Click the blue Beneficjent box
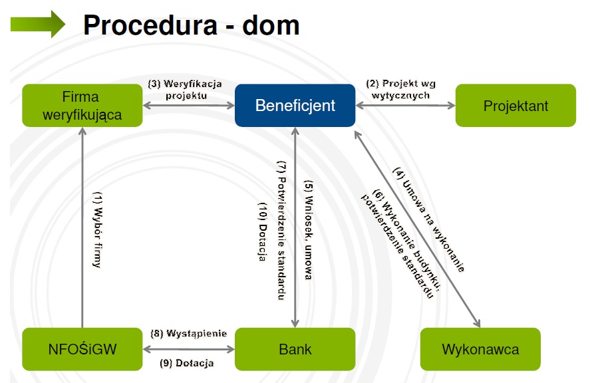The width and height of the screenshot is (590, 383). pyautogui.click(x=295, y=105)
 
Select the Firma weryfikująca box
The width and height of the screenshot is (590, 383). pyautogui.click(x=82, y=105)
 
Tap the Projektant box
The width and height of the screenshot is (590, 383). pyautogui.click(x=516, y=105)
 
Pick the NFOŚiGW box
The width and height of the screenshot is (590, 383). pyautogui.click(x=82, y=349)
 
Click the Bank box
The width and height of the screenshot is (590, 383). pyautogui.click(x=295, y=349)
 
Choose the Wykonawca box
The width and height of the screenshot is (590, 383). pyautogui.click(x=480, y=349)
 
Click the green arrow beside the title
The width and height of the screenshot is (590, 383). pyautogui.click(x=37, y=24)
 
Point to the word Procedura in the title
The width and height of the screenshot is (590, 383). pyautogui.click(x=150, y=25)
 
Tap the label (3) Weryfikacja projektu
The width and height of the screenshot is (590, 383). pyautogui.click(x=184, y=89)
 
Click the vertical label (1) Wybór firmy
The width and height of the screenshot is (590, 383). pyautogui.click(x=97, y=229)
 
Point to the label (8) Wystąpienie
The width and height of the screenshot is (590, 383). pyautogui.click(x=190, y=333)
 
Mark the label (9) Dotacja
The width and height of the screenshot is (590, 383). pyautogui.click(x=190, y=364)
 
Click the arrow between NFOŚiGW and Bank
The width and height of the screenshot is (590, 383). pyautogui.click(x=190, y=348)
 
